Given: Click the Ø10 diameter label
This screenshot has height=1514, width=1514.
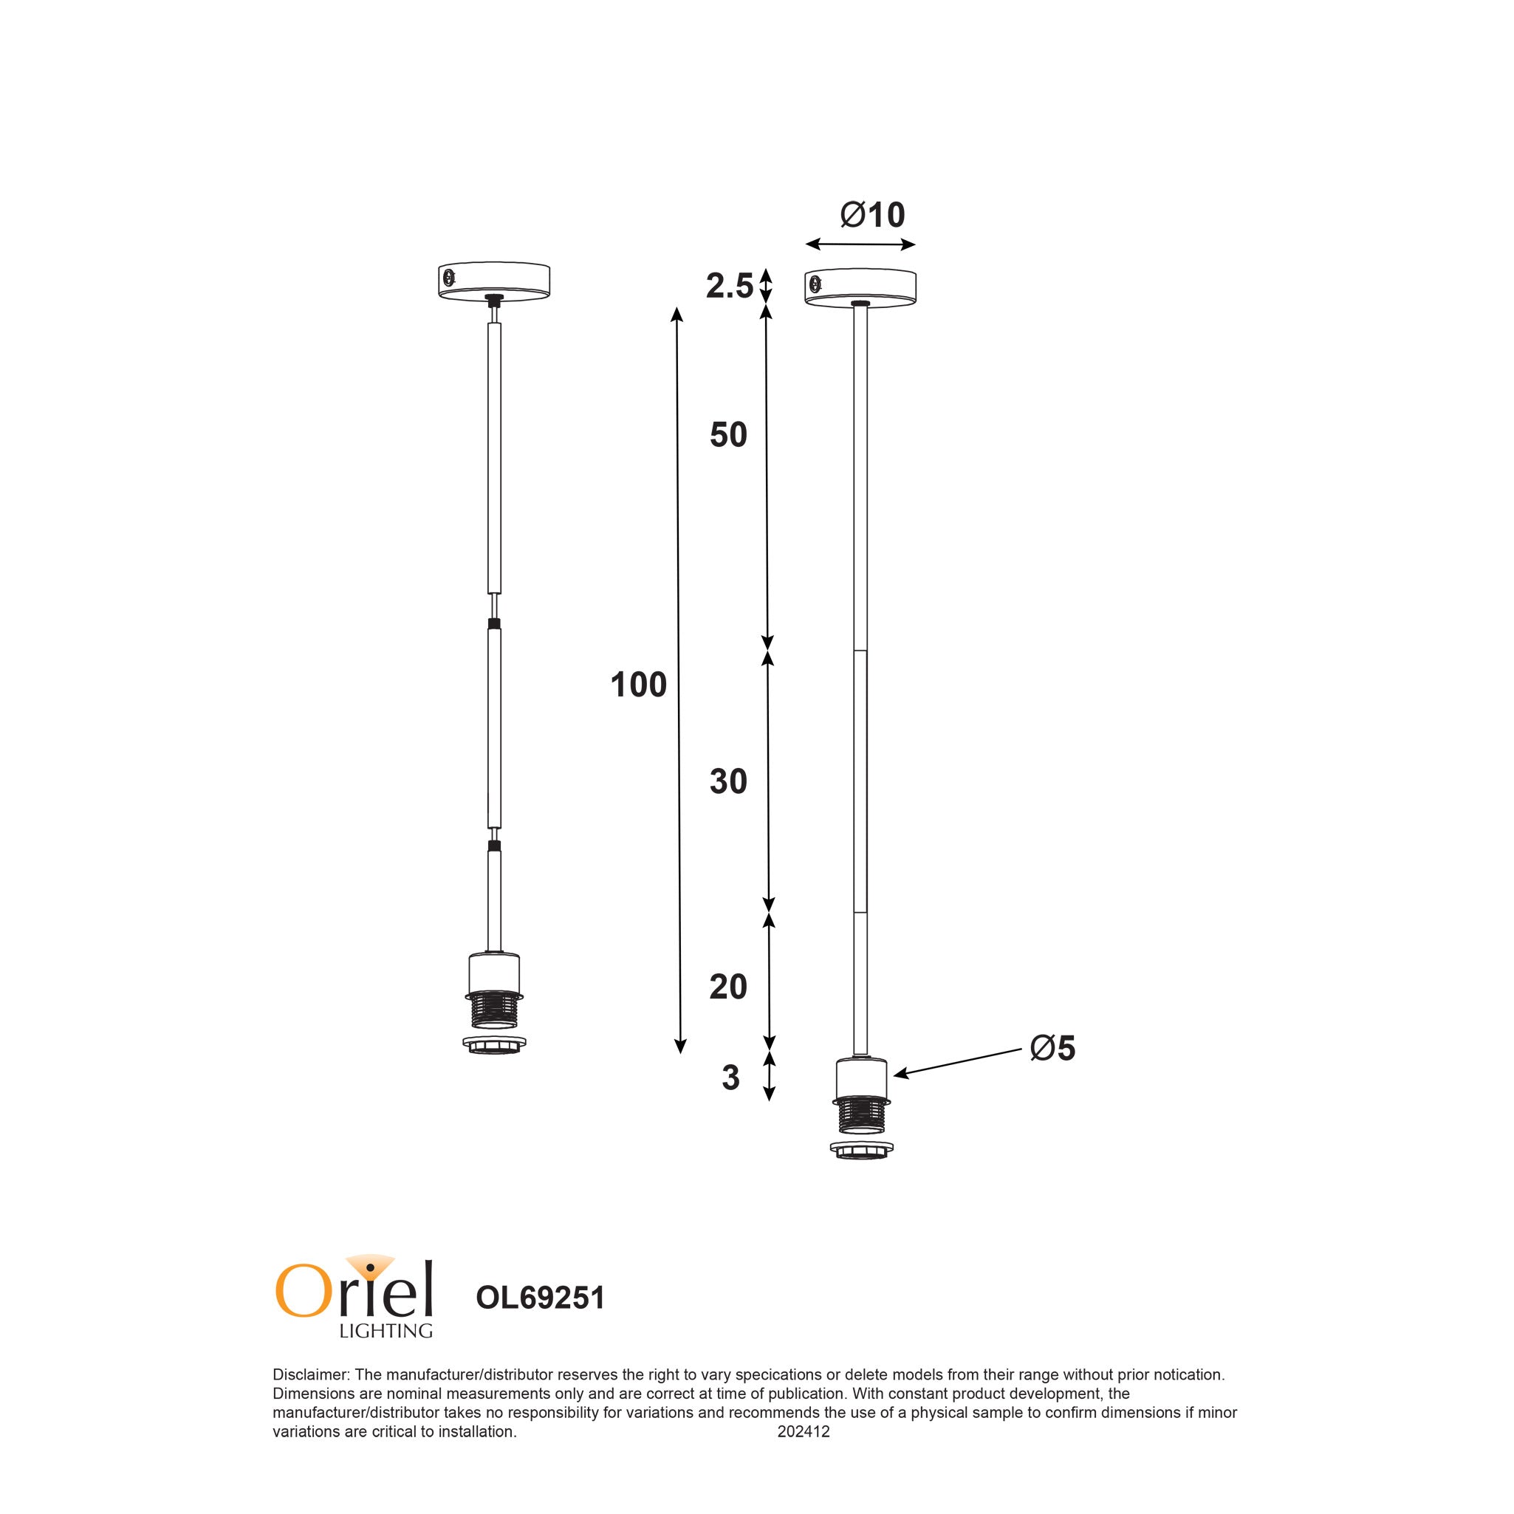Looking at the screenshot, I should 871,215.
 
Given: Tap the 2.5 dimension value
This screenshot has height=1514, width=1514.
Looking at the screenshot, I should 729,287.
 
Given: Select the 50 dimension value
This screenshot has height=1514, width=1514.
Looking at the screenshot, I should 728,435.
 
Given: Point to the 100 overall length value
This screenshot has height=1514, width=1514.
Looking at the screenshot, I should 638,685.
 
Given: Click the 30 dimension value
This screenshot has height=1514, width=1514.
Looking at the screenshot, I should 728,782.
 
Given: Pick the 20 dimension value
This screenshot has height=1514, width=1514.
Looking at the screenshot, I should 728,987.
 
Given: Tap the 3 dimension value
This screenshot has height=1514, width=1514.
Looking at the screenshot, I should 730,1078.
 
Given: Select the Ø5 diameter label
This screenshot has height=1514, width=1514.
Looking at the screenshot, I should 1052,1049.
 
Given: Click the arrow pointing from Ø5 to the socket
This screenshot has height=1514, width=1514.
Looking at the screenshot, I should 958,1063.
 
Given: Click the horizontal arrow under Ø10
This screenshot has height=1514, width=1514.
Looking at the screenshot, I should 860,245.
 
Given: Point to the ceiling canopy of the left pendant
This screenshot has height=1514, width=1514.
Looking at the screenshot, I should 493,280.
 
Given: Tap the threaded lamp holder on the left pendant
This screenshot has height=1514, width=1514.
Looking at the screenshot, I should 493,1011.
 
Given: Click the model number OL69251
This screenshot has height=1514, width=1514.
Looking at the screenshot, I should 540,1298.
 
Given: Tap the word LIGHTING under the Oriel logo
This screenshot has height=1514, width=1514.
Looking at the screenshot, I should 386,1331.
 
